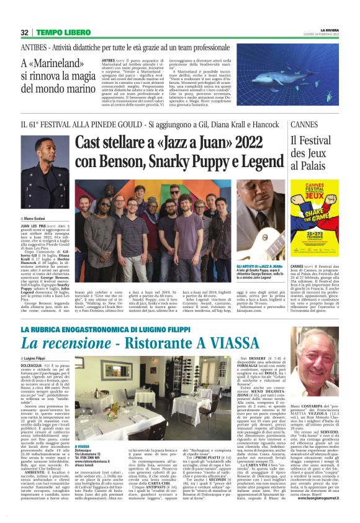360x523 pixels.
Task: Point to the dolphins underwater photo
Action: click(283, 78)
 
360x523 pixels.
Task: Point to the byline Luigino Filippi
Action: click(40, 358)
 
